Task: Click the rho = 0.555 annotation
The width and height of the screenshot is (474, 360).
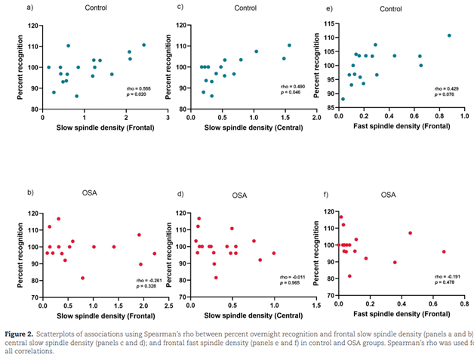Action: coord(139,88)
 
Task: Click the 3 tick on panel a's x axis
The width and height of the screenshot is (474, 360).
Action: coord(168,117)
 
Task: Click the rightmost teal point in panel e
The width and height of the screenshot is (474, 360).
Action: coord(449,35)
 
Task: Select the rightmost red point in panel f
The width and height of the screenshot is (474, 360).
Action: coord(444,251)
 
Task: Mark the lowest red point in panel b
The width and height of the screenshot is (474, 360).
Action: coord(83,278)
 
